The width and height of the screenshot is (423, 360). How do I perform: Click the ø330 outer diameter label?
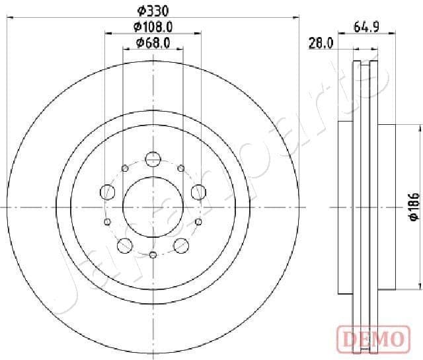(x=153, y=10)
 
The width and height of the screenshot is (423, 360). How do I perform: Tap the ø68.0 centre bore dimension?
(x=153, y=43)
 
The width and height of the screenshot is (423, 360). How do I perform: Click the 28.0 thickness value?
(x=320, y=44)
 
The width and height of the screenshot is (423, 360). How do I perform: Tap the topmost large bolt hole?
(x=153, y=159)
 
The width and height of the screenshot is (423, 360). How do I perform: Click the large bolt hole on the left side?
(x=108, y=192)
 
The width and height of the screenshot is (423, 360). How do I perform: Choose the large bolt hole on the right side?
(x=198, y=192)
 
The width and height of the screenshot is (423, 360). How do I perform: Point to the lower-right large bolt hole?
(x=180, y=246)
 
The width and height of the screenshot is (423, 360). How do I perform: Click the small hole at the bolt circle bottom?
(x=153, y=255)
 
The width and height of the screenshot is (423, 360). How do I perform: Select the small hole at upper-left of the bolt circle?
(x=124, y=167)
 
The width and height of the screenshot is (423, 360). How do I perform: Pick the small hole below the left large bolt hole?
(x=106, y=222)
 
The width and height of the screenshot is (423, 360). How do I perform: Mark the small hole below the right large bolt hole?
(x=199, y=222)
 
